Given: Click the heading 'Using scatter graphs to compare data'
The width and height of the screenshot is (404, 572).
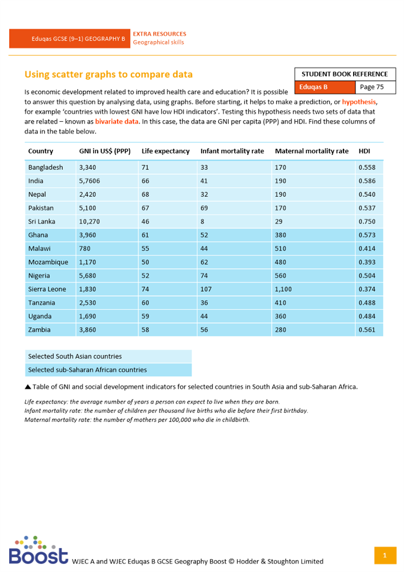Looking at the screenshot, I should [109, 74].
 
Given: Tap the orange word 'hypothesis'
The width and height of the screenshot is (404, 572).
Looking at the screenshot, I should [360, 101].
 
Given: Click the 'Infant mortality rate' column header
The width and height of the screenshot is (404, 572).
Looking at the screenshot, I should [232, 151].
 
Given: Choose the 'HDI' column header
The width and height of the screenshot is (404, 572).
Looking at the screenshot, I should [364, 151].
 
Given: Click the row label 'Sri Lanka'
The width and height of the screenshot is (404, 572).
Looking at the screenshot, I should [42, 221].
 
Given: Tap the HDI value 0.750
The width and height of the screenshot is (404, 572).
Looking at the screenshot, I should [367, 221].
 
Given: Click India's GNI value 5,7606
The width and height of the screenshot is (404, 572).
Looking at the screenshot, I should [90, 181].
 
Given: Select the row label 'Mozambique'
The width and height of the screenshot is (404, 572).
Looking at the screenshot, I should [48, 263].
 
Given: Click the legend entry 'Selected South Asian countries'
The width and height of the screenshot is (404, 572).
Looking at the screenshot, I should [75, 356].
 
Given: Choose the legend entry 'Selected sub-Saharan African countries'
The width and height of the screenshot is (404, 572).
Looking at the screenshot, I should [87, 370].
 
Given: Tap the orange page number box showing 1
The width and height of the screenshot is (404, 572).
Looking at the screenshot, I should [385, 555].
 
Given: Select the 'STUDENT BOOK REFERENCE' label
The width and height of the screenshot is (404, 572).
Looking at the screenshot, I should [345, 74].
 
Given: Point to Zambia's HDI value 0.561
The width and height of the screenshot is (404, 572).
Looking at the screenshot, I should [367, 330].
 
